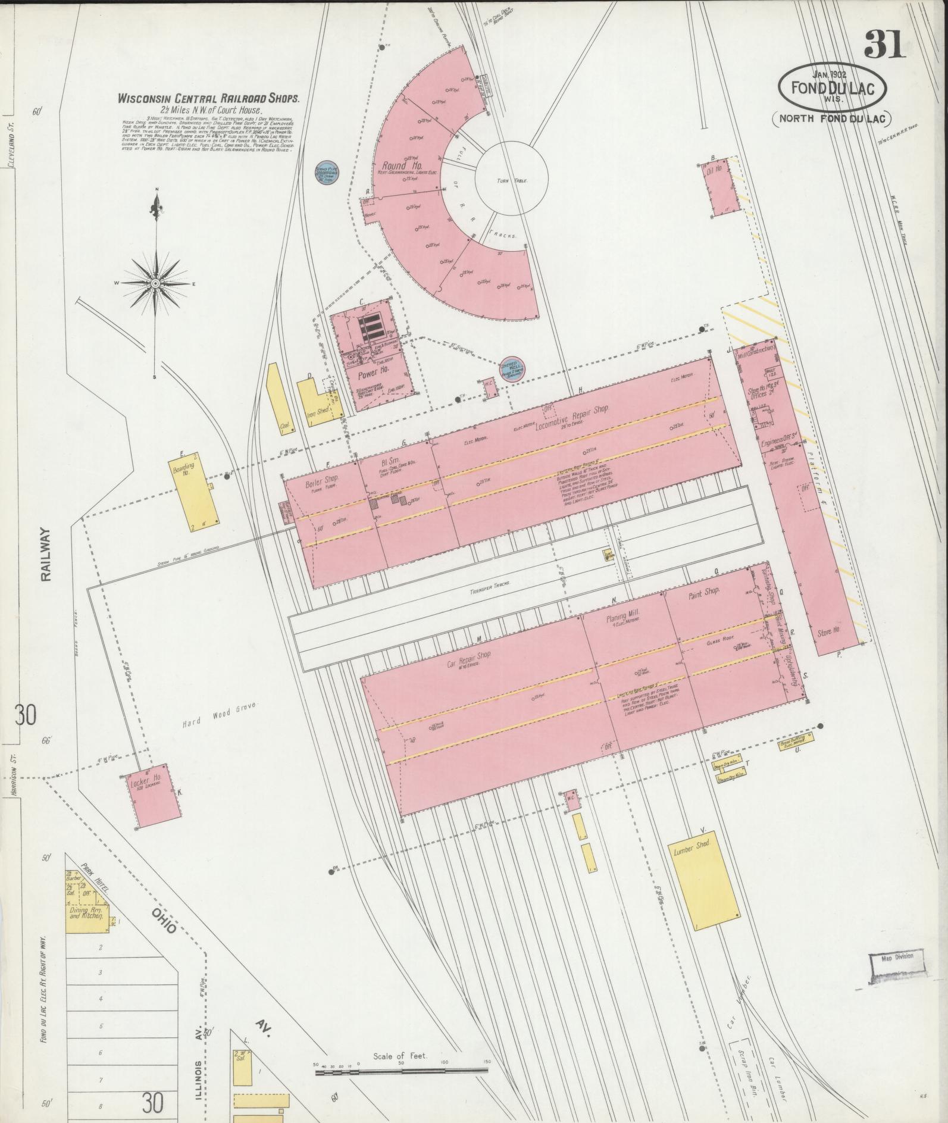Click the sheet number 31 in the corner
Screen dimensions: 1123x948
tap(885, 44)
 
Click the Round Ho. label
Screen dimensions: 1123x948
tap(394, 165)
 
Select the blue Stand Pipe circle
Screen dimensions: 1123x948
tap(326, 172)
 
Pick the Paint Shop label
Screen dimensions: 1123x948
tap(703, 593)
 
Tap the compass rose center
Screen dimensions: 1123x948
tap(155, 283)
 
